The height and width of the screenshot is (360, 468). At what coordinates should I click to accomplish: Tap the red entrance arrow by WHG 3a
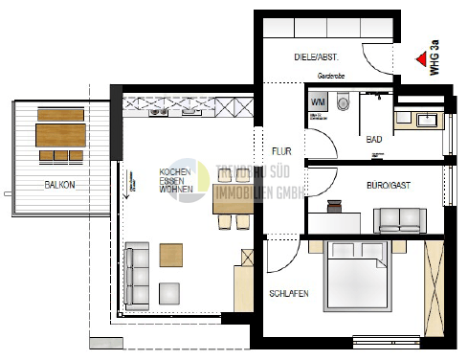click(x=420, y=58)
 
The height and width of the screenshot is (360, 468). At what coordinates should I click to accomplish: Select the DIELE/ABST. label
click(x=317, y=58)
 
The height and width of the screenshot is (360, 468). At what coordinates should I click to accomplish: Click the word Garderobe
click(x=331, y=75)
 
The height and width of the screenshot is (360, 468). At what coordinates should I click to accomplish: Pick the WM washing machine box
click(x=318, y=101)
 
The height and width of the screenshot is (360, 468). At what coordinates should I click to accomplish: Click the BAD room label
click(x=374, y=140)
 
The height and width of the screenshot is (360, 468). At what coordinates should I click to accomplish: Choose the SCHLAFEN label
click(x=288, y=293)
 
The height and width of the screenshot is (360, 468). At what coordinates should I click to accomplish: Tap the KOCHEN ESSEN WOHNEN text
click(x=175, y=180)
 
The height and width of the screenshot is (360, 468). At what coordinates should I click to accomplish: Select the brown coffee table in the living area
click(x=171, y=255)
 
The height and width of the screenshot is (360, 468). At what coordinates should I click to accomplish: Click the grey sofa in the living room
click(x=138, y=274)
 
